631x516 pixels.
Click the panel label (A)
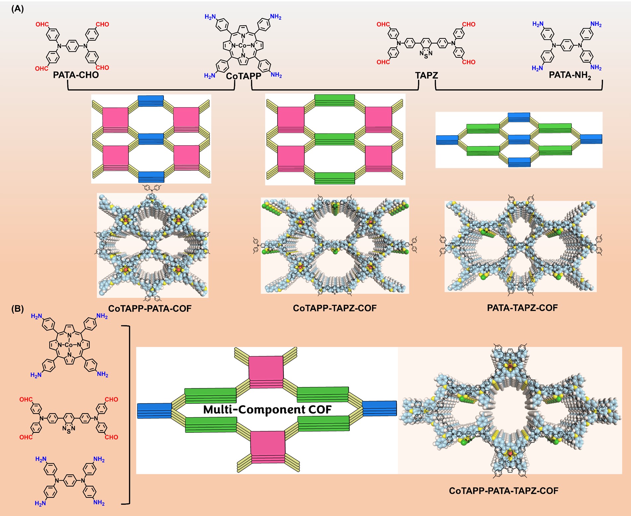tap(18, 9)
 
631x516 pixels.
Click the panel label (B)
tap(18, 309)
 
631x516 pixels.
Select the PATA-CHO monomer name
tap(76, 75)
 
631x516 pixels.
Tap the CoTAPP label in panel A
tap(243, 76)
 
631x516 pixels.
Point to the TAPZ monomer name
tap(426, 76)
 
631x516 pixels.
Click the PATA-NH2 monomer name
tap(570, 75)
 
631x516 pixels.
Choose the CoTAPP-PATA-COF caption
tap(150, 309)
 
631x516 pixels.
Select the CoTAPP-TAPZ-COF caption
tap(335, 308)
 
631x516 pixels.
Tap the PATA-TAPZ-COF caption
tap(522, 308)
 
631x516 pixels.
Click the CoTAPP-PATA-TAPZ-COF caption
tap(503, 491)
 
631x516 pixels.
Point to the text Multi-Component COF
tap(267, 410)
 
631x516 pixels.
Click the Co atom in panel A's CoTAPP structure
tap(243, 45)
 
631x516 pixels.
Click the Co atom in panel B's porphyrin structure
tap(69, 345)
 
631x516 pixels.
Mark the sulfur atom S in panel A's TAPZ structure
tap(426, 57)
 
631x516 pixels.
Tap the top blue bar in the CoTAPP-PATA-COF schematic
tap(151, 100)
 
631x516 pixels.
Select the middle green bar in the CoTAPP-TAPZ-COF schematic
tap(335, 139)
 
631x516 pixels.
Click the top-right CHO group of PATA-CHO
tap(102, 24)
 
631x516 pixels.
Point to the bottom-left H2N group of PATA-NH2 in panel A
tap(537, 68)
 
